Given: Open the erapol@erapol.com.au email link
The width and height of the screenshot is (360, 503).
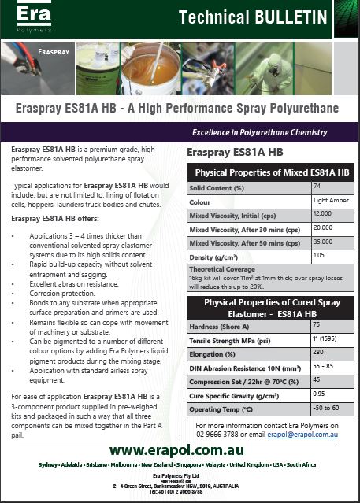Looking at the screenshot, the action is (x=304, y=434).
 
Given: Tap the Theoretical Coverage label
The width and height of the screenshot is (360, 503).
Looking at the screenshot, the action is (x=221, y=269).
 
